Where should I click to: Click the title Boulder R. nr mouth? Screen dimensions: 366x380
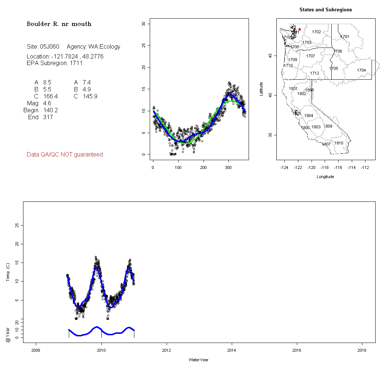point(59,24)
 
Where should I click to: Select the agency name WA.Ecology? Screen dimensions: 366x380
point(104,47)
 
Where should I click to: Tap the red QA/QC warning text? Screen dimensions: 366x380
point(65,155)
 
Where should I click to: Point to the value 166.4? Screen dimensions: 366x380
point(50,97)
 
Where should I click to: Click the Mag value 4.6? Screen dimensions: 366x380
point(47,103)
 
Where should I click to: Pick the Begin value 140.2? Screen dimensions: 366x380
point(51,110)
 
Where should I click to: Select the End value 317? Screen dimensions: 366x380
point(48,117)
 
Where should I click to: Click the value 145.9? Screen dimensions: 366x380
point(90,97)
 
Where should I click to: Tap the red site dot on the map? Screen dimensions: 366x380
point(299,29)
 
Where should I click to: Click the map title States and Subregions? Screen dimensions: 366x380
point(325,10)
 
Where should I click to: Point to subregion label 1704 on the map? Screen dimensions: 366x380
point(361,70)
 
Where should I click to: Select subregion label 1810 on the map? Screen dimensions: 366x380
point(339,143)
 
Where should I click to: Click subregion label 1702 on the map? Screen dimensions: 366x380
point(316,32)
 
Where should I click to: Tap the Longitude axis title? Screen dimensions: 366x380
point(325,177)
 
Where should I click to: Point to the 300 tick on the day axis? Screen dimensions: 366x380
point(229,168)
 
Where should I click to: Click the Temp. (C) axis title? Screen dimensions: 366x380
point(8,272)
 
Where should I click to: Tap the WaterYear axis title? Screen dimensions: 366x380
point(198,360)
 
